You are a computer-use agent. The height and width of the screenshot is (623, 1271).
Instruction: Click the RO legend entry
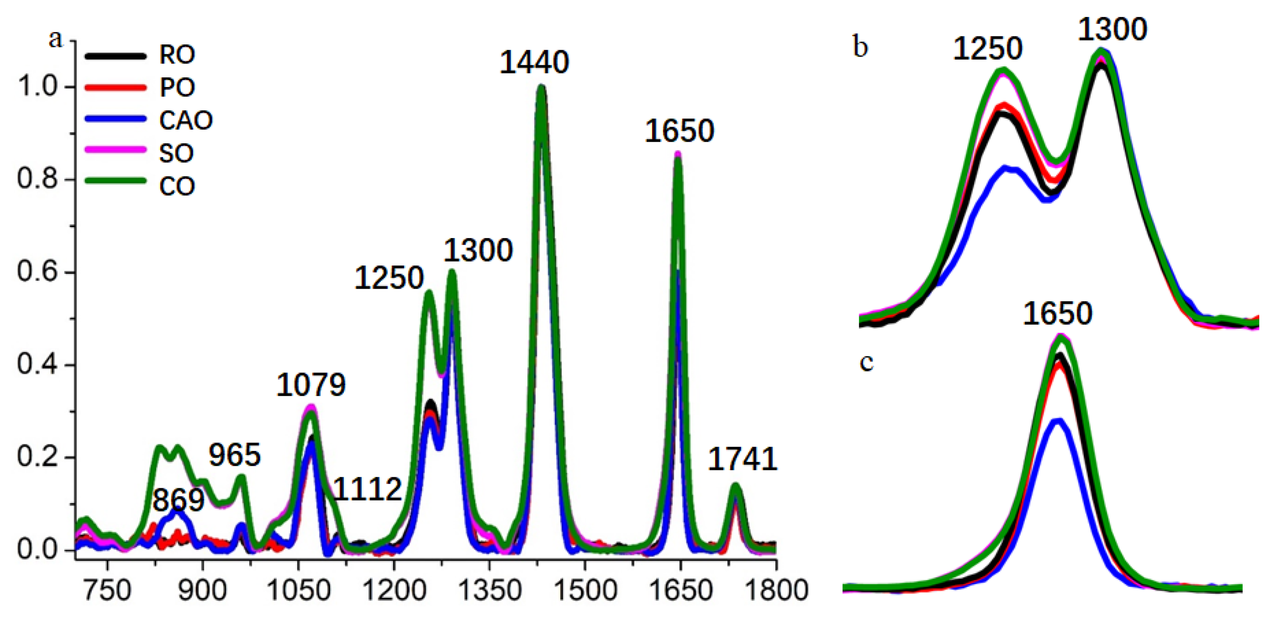click(177, 54)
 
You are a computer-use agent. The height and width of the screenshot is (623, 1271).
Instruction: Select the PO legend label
click(177, 87)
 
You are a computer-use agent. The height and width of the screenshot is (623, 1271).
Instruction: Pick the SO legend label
click(176, 153)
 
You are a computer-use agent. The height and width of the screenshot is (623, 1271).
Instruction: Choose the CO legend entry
click(177, 186)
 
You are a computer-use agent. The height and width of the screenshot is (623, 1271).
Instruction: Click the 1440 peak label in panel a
click(534, 63)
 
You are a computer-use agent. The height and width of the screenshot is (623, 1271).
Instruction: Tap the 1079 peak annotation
click(311, 385)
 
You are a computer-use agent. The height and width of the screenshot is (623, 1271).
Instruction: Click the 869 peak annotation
click(178, 500)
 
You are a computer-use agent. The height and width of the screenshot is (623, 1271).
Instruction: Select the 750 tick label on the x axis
click(107, 591)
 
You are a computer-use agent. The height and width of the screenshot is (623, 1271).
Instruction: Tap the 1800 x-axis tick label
click(775, 591)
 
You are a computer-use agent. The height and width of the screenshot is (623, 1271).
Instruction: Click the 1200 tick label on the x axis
click(394, 591)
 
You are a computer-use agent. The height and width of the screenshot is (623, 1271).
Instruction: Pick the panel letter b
click(860, 47)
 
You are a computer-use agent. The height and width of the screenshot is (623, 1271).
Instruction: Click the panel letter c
click(866, 362)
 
